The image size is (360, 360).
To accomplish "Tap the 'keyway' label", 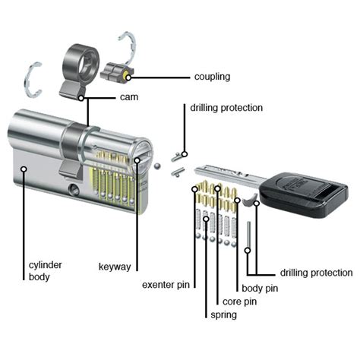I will pos(115,267).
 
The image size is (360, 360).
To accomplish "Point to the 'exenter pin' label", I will pos(166,286).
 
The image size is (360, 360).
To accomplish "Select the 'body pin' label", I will pos(259,289).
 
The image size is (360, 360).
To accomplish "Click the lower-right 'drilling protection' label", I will pos(316,272).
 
